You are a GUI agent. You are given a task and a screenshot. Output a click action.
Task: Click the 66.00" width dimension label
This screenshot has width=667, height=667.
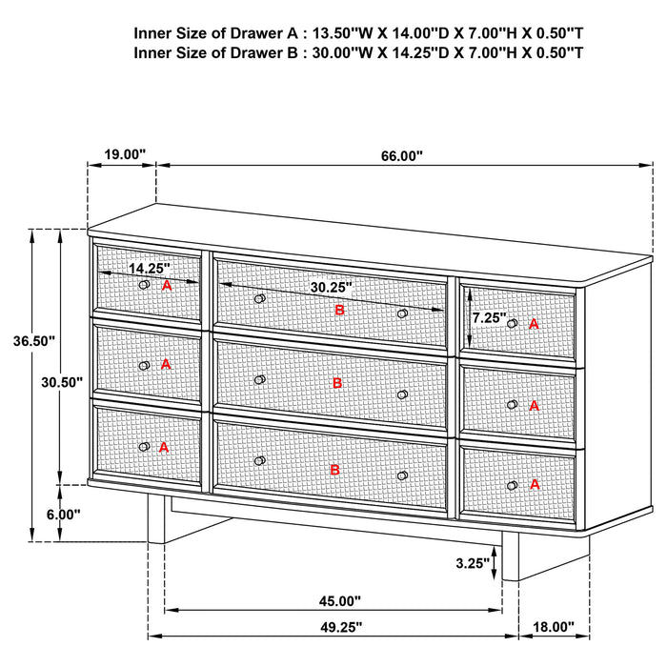click(401, 155)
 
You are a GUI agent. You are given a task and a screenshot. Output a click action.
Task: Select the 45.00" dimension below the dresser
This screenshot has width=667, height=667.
click(338, 601)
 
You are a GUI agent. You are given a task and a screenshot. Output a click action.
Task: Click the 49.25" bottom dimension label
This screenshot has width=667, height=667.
click(338, 627)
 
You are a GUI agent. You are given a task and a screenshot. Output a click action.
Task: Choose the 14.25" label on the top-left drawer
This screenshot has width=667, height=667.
click(149, 269)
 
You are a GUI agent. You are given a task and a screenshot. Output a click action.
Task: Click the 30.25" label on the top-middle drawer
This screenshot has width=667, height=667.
click(331, 286)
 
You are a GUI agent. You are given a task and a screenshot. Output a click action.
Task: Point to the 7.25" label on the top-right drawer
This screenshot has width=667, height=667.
click(487, 317)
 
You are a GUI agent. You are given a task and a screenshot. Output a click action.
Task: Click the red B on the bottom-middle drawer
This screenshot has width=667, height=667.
click(335, 470)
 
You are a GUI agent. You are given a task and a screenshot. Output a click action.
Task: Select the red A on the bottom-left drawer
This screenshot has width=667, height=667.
click(165, 446)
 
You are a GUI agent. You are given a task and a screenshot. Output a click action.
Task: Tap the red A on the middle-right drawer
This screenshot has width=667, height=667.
click(534, 406)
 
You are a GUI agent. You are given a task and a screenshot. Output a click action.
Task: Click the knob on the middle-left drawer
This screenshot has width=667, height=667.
click(144, 365)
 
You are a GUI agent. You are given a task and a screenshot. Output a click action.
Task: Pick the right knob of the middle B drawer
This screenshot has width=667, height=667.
click(402, 394)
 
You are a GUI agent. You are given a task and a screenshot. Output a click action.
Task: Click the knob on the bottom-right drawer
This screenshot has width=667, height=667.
click(513, 486)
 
